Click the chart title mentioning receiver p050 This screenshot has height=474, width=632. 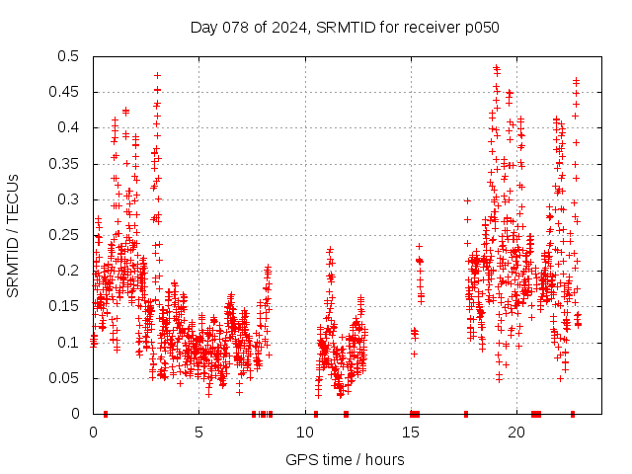pyautogui.click(x=345, y=27)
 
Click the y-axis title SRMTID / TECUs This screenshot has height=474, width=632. pyautogui.click(x=13, y=235)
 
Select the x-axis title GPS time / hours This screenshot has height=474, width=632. pyautogui.click(x=345, y=459)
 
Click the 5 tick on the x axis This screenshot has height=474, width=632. pyautogui.click(x=198, y=432)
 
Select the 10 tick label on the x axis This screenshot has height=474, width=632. pyautogui.click(x=305, y=432)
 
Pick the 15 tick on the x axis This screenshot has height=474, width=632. pyautogui.click(x=411, y=432)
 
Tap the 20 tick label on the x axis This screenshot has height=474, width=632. pyautogui.click(x=516, y=432)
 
